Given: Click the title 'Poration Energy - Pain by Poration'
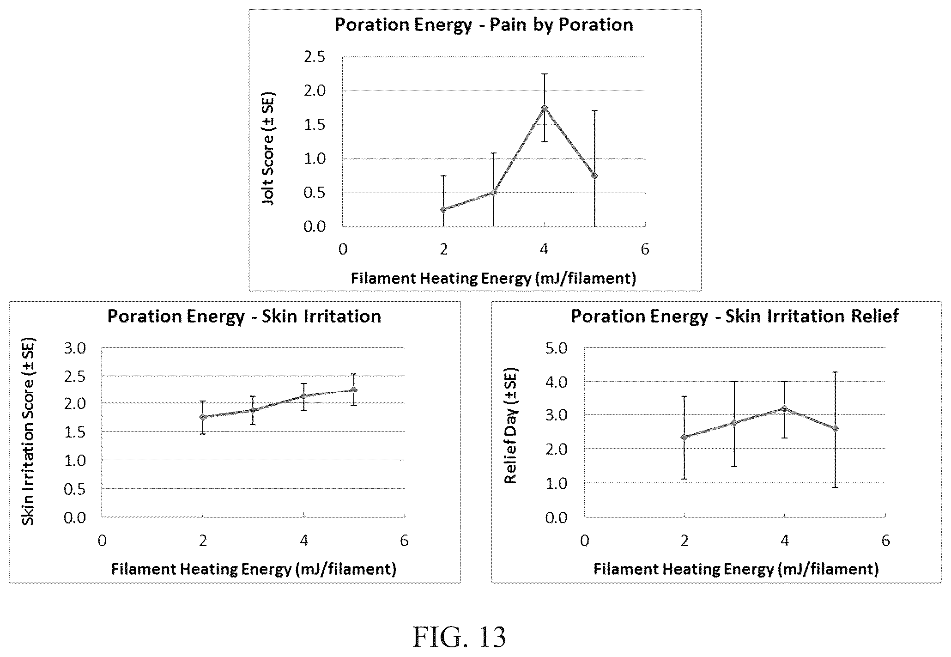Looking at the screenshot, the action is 484,24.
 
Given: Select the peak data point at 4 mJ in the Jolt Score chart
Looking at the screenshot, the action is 545,108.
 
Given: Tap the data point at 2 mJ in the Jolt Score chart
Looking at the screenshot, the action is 443,210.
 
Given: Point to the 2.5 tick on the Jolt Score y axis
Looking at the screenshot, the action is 315,57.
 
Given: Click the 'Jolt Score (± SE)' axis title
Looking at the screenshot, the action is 268,149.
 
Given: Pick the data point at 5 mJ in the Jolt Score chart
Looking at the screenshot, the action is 594,176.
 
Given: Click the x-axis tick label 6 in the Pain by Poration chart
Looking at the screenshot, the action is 645,249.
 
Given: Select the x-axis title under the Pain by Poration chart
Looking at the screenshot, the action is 493,278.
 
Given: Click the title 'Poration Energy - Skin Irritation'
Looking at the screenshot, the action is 244,316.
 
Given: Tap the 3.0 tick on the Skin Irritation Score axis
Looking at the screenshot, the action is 75,348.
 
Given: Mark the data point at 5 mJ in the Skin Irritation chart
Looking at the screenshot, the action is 354,389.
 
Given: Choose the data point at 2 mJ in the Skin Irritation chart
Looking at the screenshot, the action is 202,417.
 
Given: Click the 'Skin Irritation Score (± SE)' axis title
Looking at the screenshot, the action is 28,432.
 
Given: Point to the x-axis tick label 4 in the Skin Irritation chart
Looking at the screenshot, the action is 303,541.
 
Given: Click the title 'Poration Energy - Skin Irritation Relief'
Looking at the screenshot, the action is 735,316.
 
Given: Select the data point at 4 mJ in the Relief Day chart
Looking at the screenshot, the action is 784,408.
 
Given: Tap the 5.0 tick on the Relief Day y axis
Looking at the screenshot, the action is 556,348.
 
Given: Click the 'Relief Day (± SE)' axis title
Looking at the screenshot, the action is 510,426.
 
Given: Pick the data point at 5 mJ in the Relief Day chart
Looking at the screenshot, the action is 835,428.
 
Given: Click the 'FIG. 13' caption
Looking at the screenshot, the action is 459,637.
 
